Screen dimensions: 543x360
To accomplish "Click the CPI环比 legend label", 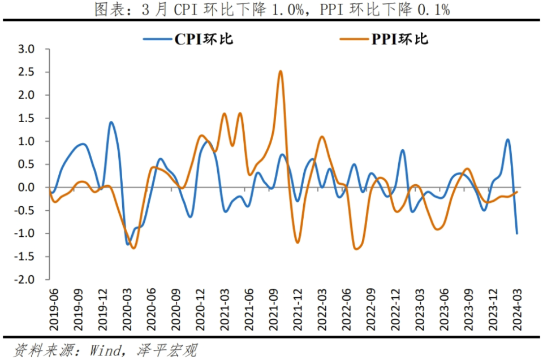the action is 204,39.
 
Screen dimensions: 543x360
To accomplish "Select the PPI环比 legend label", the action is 400,39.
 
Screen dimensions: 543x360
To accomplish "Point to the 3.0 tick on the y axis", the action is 27,49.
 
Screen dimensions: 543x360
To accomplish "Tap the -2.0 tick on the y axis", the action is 24,279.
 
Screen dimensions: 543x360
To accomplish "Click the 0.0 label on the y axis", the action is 27,187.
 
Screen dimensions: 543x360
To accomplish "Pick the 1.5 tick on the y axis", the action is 27,118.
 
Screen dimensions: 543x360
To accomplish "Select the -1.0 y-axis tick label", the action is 24,233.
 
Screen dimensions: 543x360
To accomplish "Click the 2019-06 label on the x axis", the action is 54,310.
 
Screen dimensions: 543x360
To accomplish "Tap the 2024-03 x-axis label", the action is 517,310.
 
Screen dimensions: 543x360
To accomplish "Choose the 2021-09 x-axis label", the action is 274,310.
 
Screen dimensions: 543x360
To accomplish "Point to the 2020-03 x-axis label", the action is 127,310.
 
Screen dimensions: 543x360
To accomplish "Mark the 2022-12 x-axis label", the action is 395,310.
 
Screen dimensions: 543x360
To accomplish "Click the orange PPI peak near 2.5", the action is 281,71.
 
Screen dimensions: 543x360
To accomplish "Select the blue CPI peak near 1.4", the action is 111,122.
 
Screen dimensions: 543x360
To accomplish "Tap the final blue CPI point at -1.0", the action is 517,233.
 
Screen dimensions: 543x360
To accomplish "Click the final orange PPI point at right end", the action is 517,192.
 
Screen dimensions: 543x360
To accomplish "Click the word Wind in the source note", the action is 106,350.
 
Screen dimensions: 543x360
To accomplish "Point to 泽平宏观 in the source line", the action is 167,350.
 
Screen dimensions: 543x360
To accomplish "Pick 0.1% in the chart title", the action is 434,10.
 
